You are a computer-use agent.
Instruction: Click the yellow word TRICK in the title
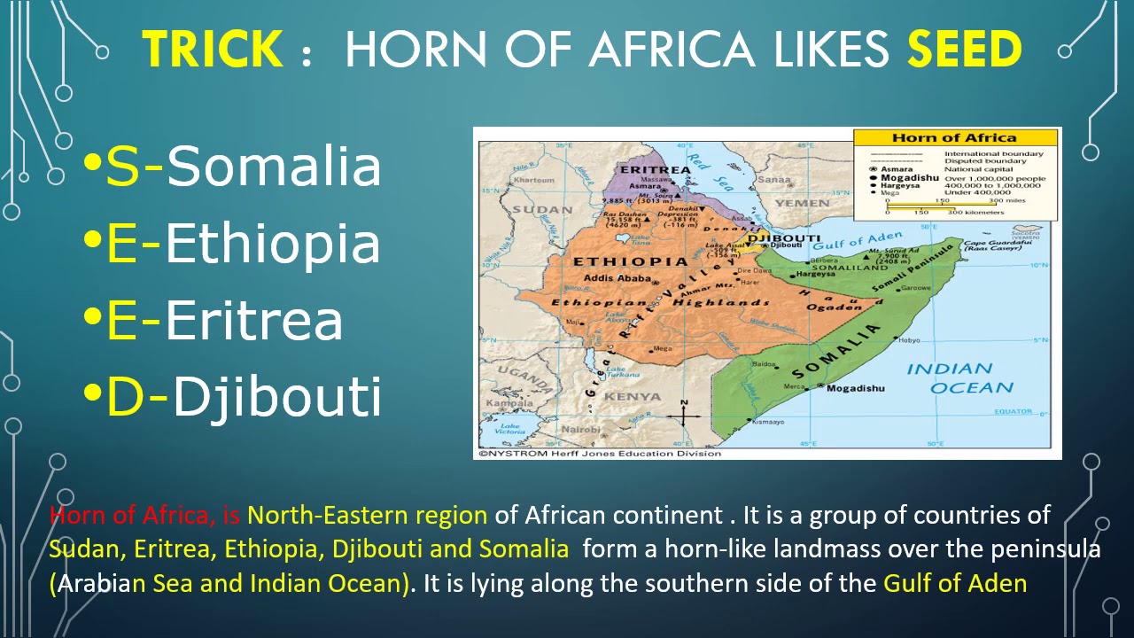click(213, 49)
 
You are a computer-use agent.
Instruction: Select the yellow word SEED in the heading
click(964, 49)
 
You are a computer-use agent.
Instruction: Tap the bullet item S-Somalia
click(232, 166)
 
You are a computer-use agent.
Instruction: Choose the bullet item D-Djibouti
click(232, 396)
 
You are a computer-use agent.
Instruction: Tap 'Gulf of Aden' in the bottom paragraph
click(955, 584)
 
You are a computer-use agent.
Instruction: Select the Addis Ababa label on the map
click(617, 278)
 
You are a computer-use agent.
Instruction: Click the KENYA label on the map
click(633, 396)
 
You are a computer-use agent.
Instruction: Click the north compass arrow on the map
click(684, 408)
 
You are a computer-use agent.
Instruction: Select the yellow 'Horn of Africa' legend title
click(954, 137)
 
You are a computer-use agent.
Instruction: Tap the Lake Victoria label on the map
click(510, 430)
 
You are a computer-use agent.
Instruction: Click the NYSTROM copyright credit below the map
click(599, 454)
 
